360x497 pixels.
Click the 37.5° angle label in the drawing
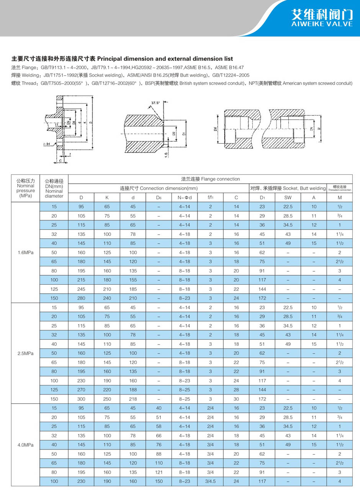(155, 103)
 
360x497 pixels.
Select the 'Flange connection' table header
(210, 179)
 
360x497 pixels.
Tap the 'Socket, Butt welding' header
(288, 188)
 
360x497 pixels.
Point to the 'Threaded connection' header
(340, 188)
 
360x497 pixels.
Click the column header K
(107, 198)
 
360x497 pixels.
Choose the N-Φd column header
(184, 198)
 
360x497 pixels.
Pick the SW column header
(288, 198)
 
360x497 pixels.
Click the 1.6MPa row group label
(26, 253)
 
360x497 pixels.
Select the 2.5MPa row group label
(26, 353)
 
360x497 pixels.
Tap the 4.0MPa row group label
(26, 445)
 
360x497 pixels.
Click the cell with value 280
(81, 298)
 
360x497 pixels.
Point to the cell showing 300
(81, 399)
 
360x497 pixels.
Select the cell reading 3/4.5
(210, 481)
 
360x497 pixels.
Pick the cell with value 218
(133, 399)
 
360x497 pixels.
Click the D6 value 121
(159, 472)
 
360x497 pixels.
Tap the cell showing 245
(81, 289)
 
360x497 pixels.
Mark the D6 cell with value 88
(159, 454)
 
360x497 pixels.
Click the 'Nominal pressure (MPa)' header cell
(26, 188)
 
